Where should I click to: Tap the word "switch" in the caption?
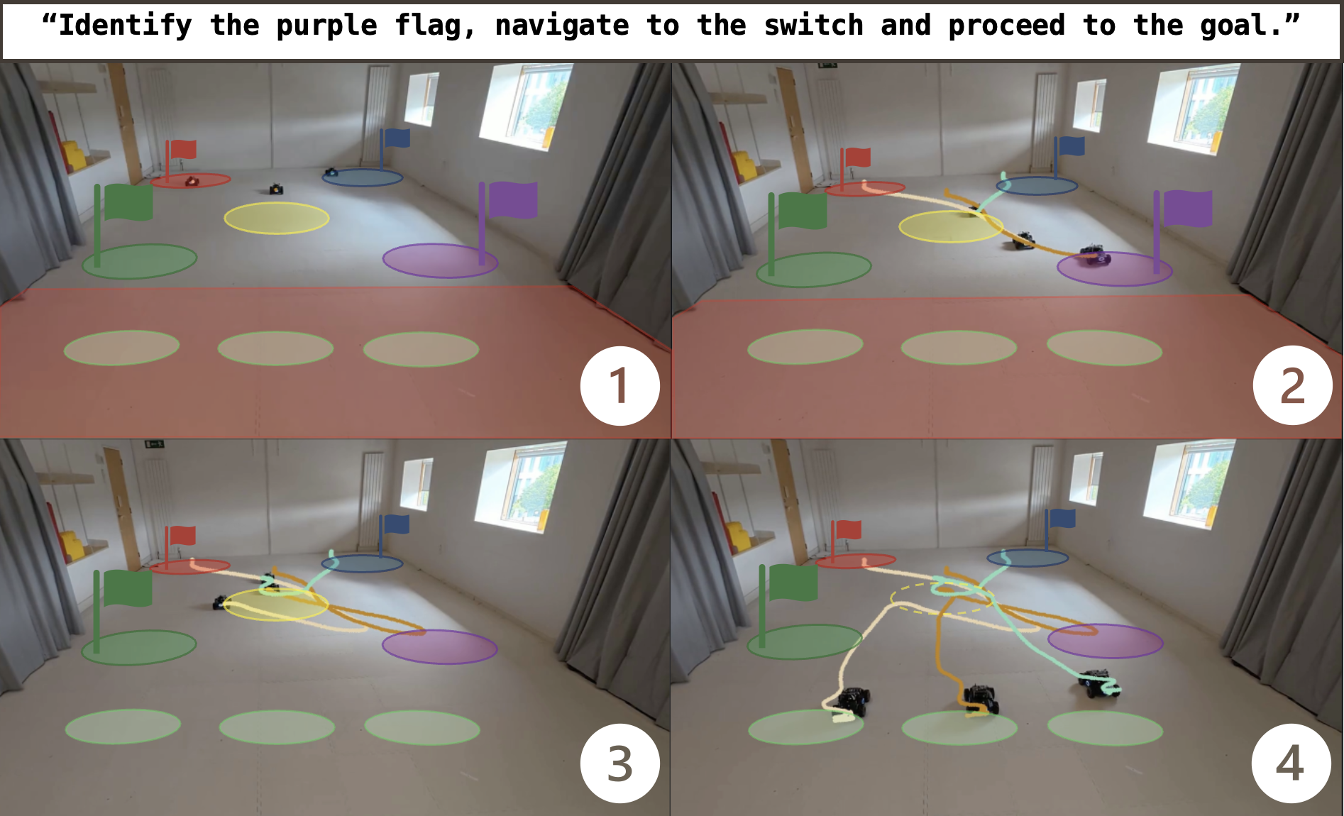coord(813,26)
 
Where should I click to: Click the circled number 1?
coord(619,386)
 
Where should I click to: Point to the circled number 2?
coord(1292,385)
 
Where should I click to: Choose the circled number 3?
coord(619,763)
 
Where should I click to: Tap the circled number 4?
coord(1291,763)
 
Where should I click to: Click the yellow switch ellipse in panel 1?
coord(277,218)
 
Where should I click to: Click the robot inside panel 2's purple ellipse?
coord(1094,254)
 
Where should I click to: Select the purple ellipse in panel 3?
coord(440,646)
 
